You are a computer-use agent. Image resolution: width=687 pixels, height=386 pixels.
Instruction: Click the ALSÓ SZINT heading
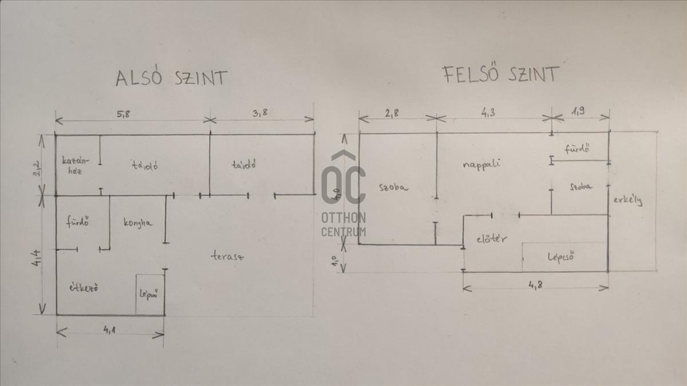coord(171,78)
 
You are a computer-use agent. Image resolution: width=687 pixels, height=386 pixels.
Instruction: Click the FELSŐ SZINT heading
coord(500,74)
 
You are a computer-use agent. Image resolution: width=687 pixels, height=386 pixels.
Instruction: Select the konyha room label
coord(138,223)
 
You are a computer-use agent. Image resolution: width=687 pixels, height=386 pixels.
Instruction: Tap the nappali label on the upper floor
coord(481,164)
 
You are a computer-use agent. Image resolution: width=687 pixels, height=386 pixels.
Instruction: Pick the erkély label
coord(627,200)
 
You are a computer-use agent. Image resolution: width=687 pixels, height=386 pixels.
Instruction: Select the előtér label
coord(491,239)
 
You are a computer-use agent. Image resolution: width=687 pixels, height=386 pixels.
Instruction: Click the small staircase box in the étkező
coord(149,294)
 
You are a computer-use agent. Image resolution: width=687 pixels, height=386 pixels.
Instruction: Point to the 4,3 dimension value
coord(488,113)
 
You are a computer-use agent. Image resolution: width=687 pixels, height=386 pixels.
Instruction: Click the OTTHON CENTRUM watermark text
coord(343,224)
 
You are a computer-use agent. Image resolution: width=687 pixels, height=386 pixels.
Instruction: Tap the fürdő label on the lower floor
coord(77,222)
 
